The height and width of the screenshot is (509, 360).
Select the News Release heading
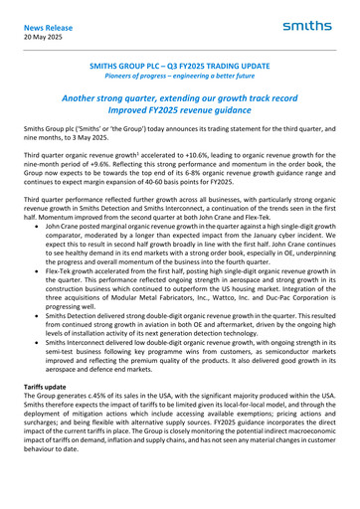coord(48,16)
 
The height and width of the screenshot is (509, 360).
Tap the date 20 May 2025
coord(39,29)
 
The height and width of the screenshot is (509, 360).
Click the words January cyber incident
coord(295,238)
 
